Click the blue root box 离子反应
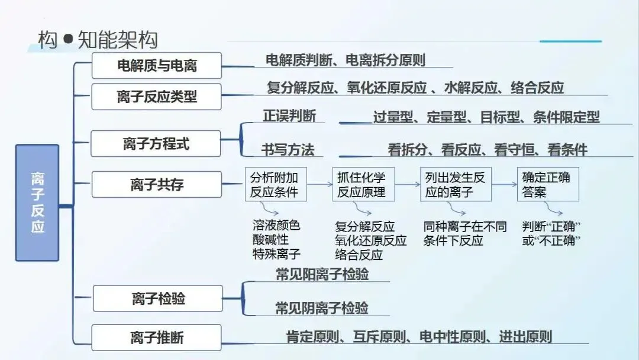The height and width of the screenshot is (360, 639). tap(37, 202)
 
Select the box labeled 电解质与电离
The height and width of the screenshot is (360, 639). tap(157, 65)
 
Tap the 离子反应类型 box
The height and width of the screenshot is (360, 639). tap(157, 97)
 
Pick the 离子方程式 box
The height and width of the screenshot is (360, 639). tap(156, 143)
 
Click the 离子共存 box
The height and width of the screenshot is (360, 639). tap(157, 184)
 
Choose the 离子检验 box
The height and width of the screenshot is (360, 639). tap(158, 298)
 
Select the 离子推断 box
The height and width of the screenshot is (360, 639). tap(157, 337)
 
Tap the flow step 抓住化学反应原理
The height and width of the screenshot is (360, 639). tap(361, 184)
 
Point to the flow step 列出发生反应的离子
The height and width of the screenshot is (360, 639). tap(456, 184)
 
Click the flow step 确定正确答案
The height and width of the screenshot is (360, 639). tap(548, 184)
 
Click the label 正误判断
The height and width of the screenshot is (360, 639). tap(289, 116)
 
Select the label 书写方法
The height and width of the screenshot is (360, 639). tap(288, 150)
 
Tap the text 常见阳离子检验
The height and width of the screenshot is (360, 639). tap(322, 274)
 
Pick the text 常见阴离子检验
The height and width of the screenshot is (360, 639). tap(322, 308)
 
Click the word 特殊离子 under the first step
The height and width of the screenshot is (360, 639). tap(276, 255)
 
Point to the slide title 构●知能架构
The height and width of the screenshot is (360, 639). tap(98, 40)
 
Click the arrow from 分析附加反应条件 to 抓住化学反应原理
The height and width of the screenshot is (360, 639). tap(319, 184)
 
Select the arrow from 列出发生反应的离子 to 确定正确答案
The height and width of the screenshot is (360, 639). tap(504, 184)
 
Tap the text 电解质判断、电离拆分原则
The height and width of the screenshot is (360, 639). tap(346, 60)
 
